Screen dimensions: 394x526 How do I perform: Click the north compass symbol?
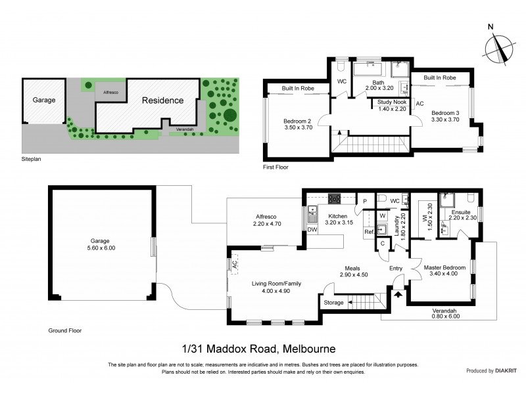(498, 45)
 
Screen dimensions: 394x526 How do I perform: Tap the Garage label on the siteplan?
(45, 100)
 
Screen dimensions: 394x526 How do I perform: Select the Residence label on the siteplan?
(163, 100)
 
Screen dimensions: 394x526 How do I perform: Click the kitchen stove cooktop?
(334, 198)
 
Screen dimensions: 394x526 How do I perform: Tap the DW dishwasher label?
(312, 229)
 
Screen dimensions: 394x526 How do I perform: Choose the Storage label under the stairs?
(334, 303)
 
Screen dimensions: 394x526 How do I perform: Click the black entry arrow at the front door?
(396, 294)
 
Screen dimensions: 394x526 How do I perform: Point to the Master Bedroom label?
(444, 271)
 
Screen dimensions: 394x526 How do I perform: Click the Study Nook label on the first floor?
(391, 105)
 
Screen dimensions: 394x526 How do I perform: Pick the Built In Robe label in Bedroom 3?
(440, 77)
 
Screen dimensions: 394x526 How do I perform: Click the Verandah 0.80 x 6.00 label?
(437, 312)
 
